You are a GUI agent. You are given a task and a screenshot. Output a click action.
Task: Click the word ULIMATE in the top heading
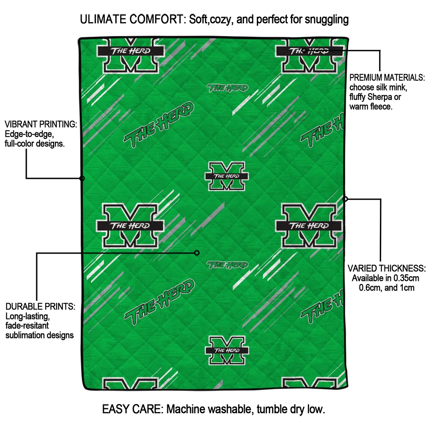(x=104, y=19)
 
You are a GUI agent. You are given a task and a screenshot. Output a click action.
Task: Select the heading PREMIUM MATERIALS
(x=387, y=78)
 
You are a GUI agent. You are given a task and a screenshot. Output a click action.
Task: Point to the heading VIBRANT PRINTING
(x=41, y=124)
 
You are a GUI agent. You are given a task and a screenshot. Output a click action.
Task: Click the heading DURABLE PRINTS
(x=40, y=306)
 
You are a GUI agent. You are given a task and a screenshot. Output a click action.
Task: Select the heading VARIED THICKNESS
(x=387, y=268)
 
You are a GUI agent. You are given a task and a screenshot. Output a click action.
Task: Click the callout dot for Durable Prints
(x=197, y=253)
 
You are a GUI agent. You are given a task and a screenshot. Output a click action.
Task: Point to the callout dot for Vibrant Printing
(x=82, y=178)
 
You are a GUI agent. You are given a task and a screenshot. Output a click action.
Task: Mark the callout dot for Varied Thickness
(x=345, y=199)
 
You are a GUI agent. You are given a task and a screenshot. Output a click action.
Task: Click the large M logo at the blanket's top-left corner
(x=131, y=54)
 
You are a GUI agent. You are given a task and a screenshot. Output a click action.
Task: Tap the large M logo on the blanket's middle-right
(x=309, y=226)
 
